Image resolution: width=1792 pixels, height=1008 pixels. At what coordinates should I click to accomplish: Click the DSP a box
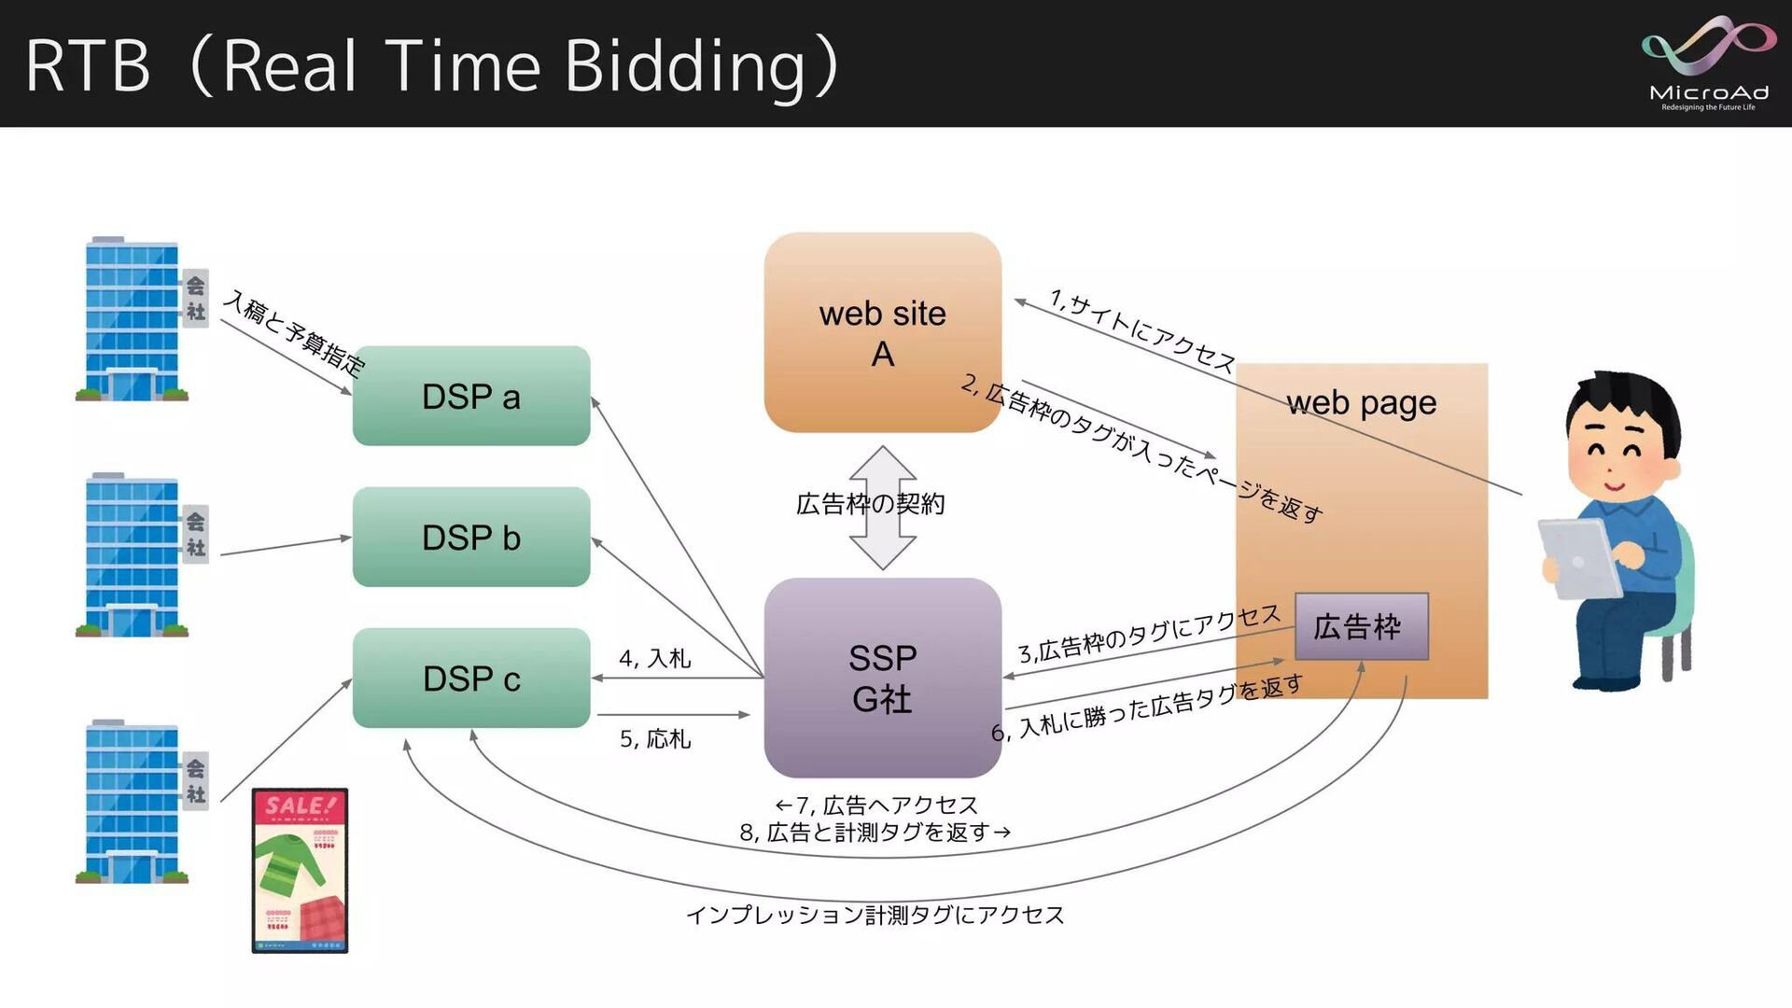click(471, 396)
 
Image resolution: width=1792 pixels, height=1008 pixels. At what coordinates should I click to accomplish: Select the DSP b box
click(471, 537)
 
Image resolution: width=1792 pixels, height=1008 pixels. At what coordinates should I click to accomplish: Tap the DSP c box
click(471, 678)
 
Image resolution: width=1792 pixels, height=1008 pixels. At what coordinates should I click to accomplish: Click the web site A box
click(882, 332)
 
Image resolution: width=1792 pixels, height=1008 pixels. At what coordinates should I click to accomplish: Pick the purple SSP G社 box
click(882, 678)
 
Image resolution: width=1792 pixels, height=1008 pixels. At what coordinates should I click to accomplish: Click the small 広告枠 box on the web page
click(1361, 626)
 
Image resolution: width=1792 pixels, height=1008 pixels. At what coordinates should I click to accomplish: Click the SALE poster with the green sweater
click(300, 870)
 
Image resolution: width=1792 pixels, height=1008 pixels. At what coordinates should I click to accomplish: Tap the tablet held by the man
click(1579, 558)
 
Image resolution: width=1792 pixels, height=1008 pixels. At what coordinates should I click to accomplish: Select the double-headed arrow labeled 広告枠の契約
click(882, 507)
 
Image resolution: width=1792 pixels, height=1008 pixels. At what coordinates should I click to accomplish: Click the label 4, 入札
click(655, 658)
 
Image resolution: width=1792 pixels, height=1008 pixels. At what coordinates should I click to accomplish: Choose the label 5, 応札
click(655, 739)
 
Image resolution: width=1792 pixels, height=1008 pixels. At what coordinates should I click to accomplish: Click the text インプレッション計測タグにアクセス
click(875, 915)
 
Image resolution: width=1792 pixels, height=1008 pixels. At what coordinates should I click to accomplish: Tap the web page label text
click(1361, 403)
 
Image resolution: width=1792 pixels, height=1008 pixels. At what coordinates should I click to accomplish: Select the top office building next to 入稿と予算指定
click(133, 319)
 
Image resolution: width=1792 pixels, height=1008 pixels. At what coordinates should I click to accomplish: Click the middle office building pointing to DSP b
click(133, 555)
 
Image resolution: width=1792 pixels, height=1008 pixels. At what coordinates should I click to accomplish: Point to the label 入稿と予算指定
click(294, 332)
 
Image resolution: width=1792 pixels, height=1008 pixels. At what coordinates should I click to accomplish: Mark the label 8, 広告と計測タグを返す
click(875, 832)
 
